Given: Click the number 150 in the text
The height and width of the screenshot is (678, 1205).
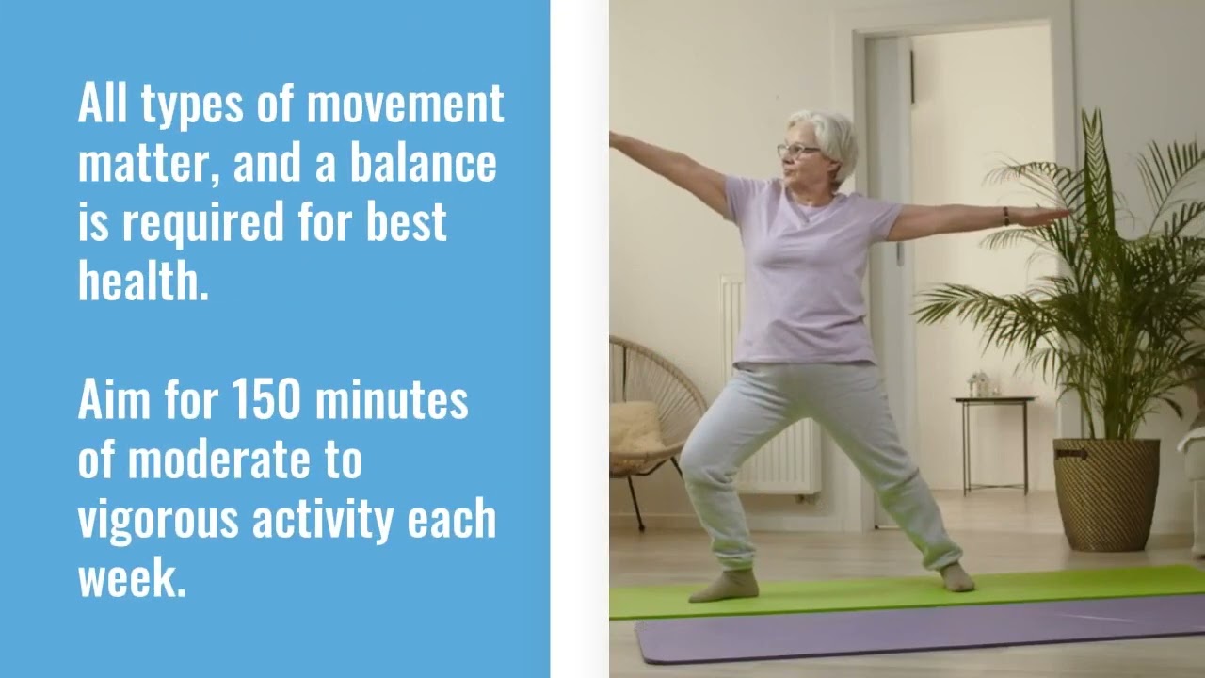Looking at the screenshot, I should tap(267, 401).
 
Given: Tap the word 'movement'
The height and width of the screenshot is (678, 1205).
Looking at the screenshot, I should tap(405, 105).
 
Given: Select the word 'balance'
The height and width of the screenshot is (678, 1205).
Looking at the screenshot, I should tap(423, 164).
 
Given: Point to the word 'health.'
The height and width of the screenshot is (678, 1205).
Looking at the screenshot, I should tap(142, 281).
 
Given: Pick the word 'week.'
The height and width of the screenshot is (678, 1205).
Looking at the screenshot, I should tap(132, 578).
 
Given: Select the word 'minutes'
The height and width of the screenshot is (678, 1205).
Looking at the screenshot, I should tap(392, 401).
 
